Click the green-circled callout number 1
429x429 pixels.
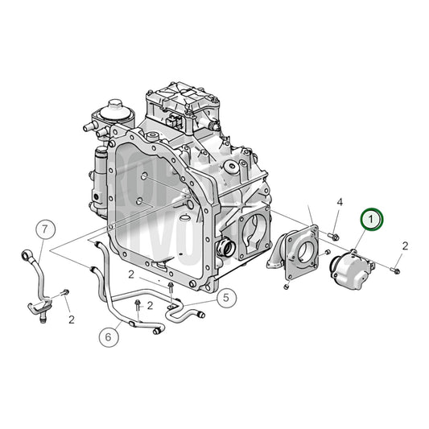(371, 217)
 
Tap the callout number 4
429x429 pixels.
(339, 201)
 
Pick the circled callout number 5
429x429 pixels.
(226, 298)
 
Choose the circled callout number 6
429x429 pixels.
(107, 336)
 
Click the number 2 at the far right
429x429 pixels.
(405, 245)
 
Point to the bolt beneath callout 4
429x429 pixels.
(334, 234)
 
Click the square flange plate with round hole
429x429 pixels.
(298, 254)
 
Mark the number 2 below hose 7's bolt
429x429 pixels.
(71, 320)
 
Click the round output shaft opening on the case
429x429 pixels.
(226, 245)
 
